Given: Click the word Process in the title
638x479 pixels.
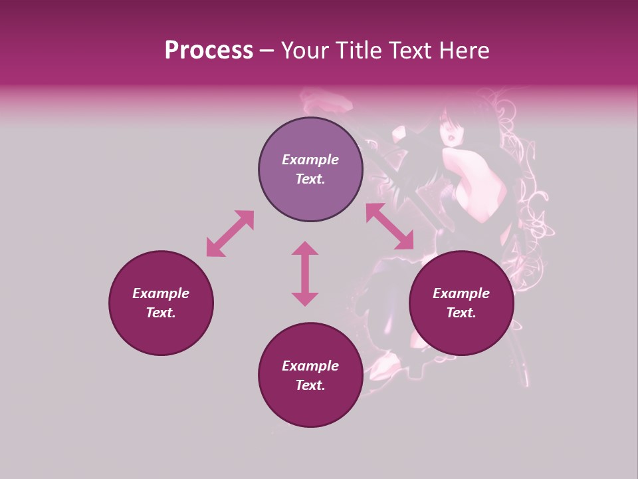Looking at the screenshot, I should pyautogui.click(x=209, y=50).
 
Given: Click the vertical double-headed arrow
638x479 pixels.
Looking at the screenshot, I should pyautogui.click(x=305, y=273).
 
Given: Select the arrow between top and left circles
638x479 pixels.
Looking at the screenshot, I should pyautogui.click(x=230, y=234).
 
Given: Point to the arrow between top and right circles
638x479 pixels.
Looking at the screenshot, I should pyautogui.click(x=389, y=226).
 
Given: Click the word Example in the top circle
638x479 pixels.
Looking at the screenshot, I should pyautogui.click(x=310, y=160).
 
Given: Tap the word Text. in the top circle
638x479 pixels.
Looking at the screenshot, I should pyautogui.click(x=310, y=179).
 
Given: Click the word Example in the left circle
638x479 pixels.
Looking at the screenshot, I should pyautogui.click(x=161, y=293).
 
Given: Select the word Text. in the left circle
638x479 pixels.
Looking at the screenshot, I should pyautogui.click(x=161, y=313).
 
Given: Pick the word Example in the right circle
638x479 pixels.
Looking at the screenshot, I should pyautogui.click(x=461, y=293).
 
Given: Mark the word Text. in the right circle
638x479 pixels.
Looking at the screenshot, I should pyautogui.click(x=461, y=313).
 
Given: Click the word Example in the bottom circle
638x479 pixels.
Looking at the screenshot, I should pyautogui.click(x=310, y=366).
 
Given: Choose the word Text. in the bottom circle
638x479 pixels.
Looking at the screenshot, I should pyautogui.click(x=310, y=385).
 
